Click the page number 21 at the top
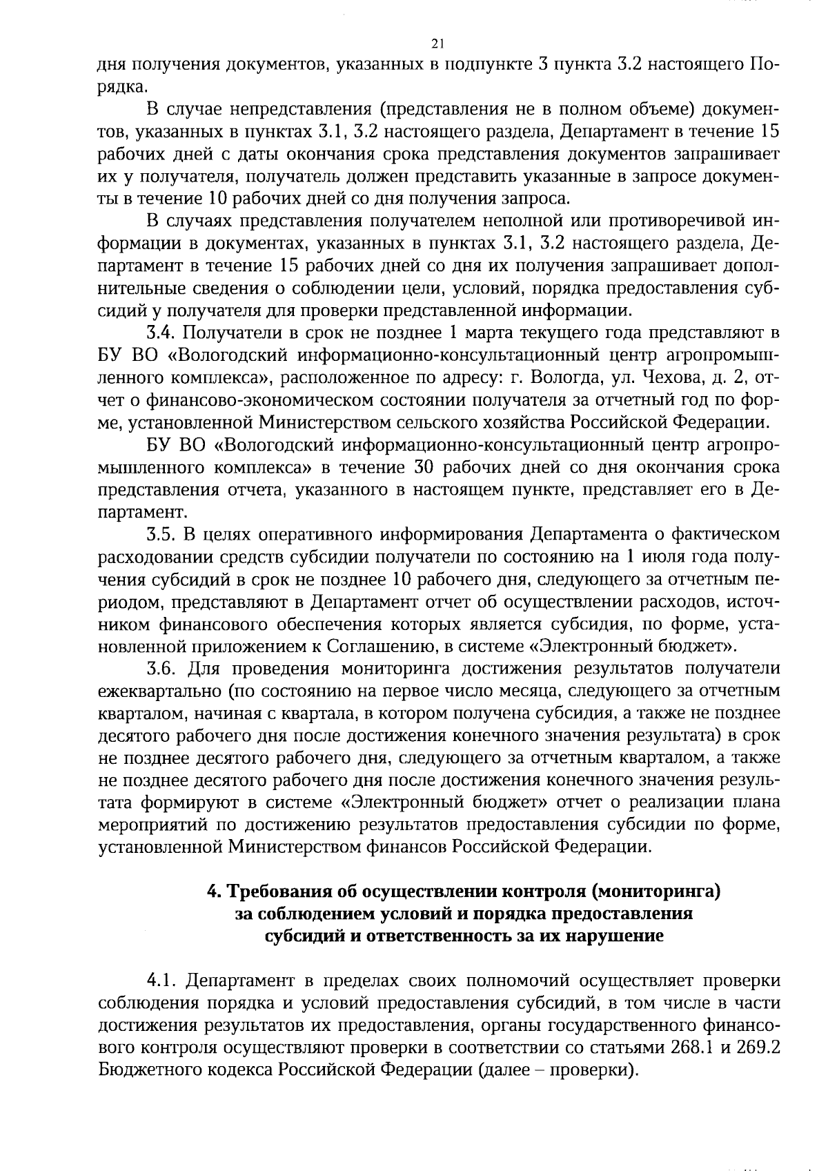point(436,44)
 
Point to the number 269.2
point(758,1047)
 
